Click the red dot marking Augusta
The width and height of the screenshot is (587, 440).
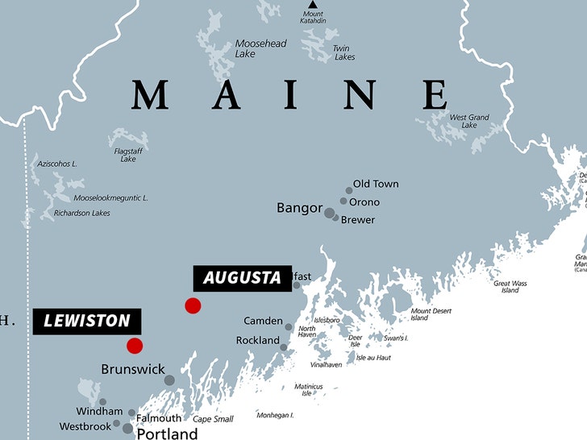(x=193, y=305)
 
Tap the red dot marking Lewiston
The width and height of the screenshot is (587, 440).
(x=135, y=346)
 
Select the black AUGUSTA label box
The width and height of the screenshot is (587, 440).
(x=242, y=278)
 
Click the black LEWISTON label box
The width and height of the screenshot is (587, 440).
(x=87, y=321)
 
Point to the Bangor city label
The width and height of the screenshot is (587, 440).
(x=299, y=208)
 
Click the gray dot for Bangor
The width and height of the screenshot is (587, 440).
(x=329, y=214)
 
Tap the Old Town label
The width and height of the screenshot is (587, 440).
(x=376, y=184)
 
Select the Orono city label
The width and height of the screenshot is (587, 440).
(x=364, y=202)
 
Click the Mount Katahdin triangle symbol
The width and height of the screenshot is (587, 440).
(x=312, y=5)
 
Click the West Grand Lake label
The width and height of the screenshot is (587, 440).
(x=469, y=122)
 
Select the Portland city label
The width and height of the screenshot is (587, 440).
(x=167, y=434)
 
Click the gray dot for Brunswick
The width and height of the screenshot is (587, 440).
(x=169, y=380)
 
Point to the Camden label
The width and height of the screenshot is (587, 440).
(x=263, y=321)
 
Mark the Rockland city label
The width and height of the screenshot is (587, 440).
(x=257, y=341)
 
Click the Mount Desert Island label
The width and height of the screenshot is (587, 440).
(x=431, y=314)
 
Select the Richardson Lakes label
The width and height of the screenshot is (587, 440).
(x=81, y=214)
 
